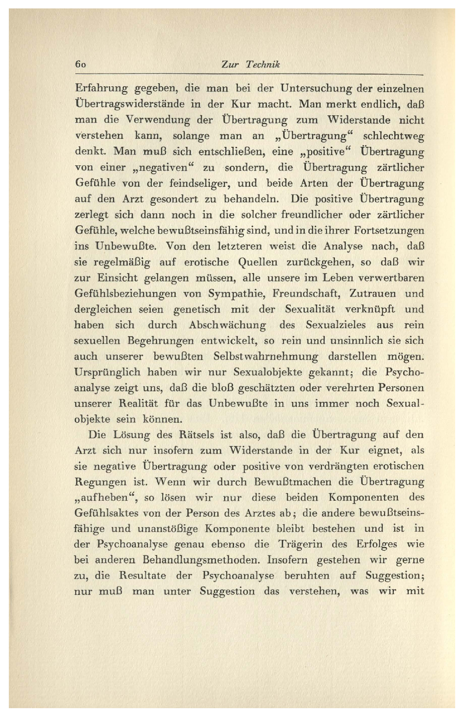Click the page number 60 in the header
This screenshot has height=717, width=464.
point(80,64)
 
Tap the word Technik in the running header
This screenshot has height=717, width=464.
point(263,64)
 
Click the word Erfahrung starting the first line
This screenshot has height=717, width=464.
point(101,89)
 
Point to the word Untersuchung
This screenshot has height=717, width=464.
point(316,89)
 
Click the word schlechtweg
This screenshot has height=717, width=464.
point(393,136)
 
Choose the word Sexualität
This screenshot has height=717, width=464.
point(310,309)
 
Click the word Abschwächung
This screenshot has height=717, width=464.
point(227,325)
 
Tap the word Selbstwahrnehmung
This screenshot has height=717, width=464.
point(265,357)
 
